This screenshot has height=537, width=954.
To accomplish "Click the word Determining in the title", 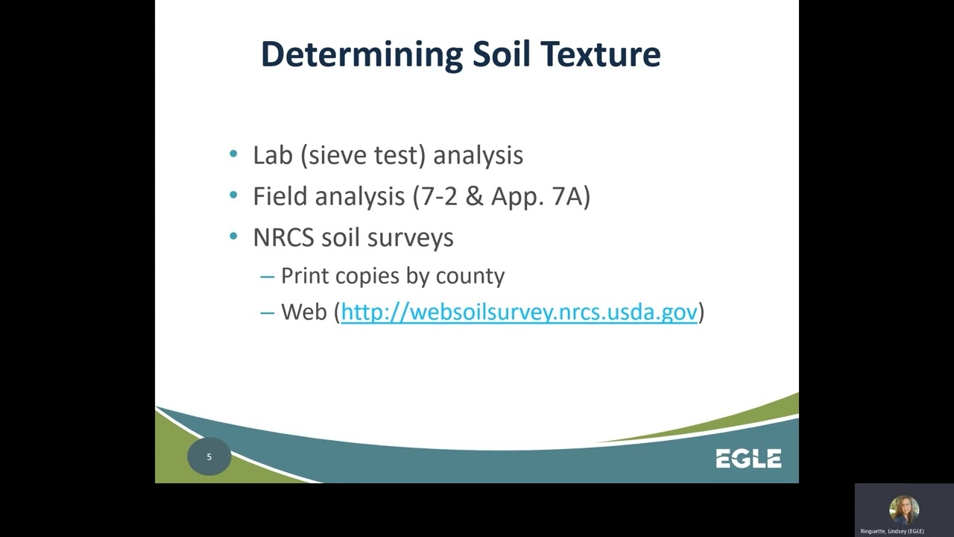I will pos(361,55).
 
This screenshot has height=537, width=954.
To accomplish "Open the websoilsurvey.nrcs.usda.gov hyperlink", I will pos(519,312).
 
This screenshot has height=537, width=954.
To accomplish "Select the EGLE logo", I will pos(748,459).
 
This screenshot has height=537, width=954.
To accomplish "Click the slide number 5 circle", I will pos(209,456).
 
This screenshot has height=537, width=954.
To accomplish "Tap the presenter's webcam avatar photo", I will pos(903,511).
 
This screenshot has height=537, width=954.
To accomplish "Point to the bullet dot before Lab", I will pos(234,154).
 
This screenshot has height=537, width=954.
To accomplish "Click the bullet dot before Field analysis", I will pos(234,195).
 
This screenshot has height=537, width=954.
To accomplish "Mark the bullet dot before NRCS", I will pos(234,236).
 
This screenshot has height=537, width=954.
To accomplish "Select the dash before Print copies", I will pos(268,276).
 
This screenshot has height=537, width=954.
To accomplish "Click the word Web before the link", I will pos(304,312).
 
